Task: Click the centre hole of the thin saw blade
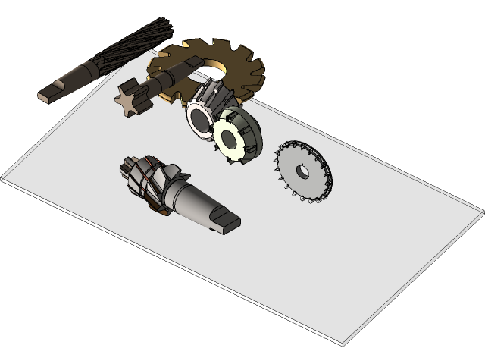[302, 171]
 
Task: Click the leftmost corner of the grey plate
[3, 180]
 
